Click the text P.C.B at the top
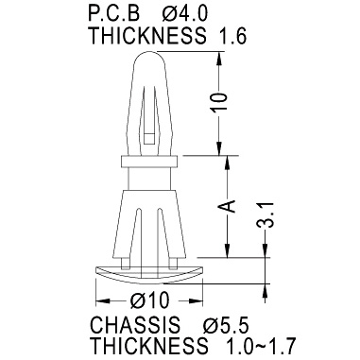point(113,14)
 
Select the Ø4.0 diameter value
point(185,14)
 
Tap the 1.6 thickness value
point(231,35)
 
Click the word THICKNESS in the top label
point(147,35)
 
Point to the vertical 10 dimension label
point(219,102)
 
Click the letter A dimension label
point(227,206)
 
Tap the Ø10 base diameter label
point(149,300)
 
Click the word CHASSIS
point(135,324)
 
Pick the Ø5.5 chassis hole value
point(226,324)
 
